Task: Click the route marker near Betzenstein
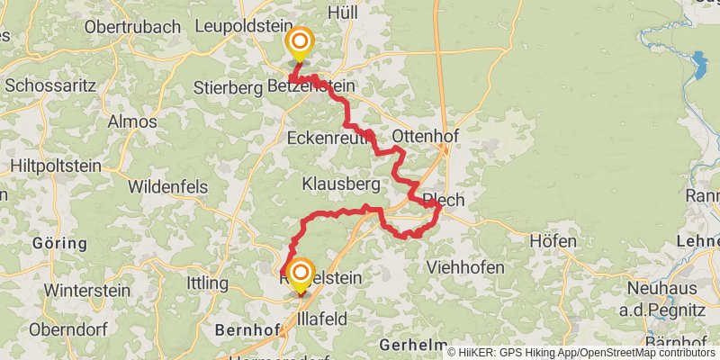299,42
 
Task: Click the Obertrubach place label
132,27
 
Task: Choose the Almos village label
132,121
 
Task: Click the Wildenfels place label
168,187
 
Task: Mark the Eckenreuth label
325,139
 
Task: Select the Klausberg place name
340,184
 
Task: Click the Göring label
59,243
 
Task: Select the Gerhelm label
413,345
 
